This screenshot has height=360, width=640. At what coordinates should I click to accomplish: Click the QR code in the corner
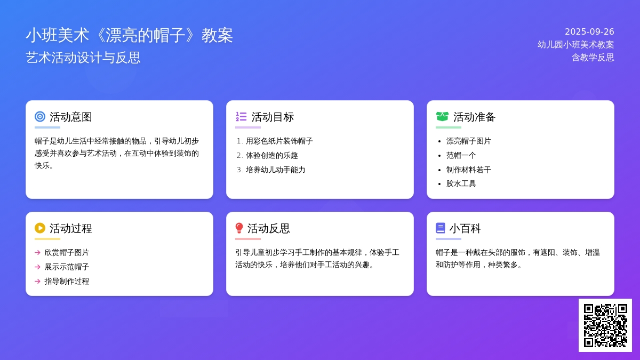click(605, 325)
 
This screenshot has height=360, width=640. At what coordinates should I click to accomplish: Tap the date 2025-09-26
click(589, 31)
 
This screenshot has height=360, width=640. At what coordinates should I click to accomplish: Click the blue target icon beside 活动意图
click(40, 117)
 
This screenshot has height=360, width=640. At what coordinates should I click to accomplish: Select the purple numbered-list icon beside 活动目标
click(241, 117)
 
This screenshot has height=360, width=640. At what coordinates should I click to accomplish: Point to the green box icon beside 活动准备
click(442, 117)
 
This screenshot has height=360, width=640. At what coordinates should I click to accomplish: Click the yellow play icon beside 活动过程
click(40, 228)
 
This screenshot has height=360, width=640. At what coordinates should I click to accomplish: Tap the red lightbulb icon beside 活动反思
click(239, 228)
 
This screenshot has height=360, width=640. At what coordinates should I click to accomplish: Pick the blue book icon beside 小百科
click(441, 228)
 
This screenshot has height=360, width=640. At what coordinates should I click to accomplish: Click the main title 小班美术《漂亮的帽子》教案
click(129, 35)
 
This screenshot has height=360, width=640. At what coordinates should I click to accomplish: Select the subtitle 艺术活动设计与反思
click(83, 58)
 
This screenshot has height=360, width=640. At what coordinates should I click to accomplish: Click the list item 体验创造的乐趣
click(271, 155)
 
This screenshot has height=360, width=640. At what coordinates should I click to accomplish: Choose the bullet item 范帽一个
click(461, 155)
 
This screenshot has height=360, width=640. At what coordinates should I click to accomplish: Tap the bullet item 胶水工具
click(461, 183)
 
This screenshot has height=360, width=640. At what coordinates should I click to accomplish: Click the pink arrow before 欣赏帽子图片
click(37, 253)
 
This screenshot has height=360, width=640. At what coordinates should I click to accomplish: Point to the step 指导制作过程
click(67, 282)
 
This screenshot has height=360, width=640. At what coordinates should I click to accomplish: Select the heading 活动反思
click(269, 229)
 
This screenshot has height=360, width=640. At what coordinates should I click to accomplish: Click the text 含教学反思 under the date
click(593, 58)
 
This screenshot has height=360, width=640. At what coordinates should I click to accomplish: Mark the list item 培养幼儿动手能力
click(275, 170)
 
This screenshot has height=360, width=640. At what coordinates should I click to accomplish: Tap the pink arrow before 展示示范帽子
click(37, 267)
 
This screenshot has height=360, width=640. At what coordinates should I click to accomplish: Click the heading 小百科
click(465, 229)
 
